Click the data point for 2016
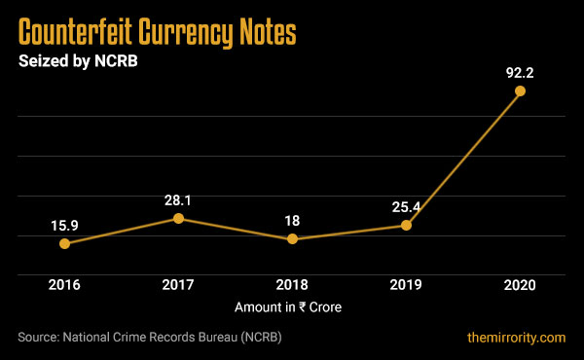click(64, 243)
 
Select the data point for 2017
click(178, 218)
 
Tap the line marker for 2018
click(292, 238)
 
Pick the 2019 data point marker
click(406, 225)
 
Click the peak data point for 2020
click(520, 90)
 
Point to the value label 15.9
click(64, 226)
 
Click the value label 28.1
click(178, 199)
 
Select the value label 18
click(292, 221)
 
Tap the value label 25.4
click(406, 206)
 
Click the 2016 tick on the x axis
click(64, 285)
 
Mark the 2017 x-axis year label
click(178, 285)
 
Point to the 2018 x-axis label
click(292, 285)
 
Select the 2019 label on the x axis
click(406, 285)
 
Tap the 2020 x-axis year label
click(520, 285)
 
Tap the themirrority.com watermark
click(516, 338)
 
